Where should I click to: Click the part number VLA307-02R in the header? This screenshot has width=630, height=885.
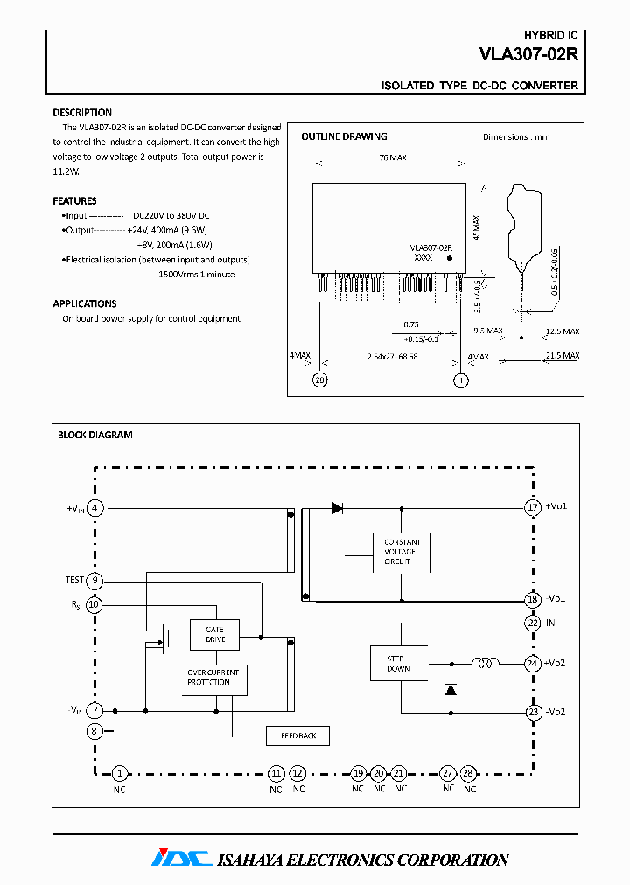tap(528, 53)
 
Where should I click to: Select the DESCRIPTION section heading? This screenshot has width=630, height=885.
tap(82, 113)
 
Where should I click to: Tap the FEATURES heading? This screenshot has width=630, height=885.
tap(74, 200)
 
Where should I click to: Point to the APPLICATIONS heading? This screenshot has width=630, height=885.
tap(85, 303)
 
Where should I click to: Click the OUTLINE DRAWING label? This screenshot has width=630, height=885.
tap(344, 136)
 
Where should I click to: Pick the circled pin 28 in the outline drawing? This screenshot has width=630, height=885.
tap(321, 379)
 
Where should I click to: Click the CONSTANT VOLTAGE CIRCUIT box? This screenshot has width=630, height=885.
tap(402, 552)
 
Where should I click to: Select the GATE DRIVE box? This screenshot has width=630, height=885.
tap(214, 634)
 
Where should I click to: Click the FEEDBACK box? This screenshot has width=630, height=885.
tap(298, 735)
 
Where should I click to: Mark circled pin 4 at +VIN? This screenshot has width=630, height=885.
tap(95, 507)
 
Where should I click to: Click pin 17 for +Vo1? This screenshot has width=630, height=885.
tap(533, 507)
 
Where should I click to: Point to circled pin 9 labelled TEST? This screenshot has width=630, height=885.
tap(95, 580)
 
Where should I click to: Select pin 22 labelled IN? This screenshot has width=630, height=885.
tap(533, 623)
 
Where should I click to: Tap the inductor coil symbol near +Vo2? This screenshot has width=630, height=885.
tap(484, 663)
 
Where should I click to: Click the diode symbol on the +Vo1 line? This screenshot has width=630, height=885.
tap(337, 507)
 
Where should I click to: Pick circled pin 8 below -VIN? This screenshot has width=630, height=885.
tap(95, 730)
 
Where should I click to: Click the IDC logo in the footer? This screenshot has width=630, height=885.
tap(181, 859)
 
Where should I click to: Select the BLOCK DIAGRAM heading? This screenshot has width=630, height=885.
tap(94, 435)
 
